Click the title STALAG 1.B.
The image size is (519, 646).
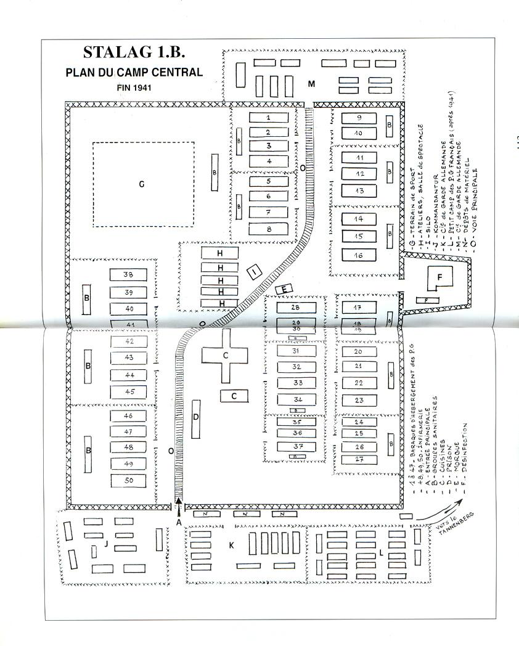point(134,52)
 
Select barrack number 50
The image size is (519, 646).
point(128,480)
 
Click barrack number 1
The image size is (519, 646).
point(268,117)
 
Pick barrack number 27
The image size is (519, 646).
point(359,459)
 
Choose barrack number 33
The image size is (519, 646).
point(296,383)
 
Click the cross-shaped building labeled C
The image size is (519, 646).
point(226,355)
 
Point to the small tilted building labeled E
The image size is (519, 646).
point(284,289)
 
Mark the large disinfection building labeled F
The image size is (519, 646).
point(439,277)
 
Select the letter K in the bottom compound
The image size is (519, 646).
point(231,546)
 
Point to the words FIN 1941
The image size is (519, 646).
point(134,88)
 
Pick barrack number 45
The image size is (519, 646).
point(128,391)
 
